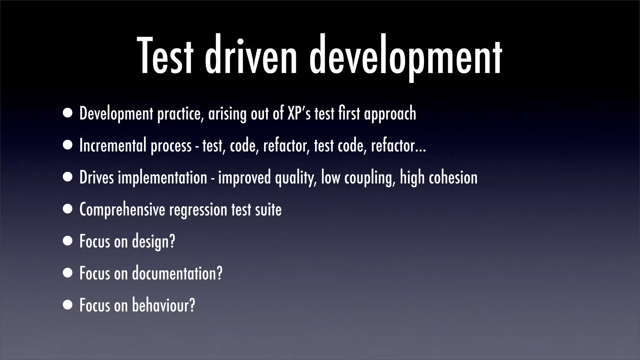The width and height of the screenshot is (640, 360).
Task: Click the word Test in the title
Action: point(165,56)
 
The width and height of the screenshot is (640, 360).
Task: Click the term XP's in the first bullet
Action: point(299,113)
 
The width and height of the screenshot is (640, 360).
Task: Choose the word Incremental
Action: point(113,145)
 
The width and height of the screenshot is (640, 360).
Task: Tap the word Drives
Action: point(97,177)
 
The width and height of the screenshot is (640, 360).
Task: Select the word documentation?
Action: point(177,273)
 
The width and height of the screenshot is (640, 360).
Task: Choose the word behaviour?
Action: point(163,305)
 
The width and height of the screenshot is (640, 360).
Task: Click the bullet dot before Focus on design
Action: point(67,241)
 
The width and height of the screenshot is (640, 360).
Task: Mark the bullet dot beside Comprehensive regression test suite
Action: point(67,209)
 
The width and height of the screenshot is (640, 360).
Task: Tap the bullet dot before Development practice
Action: point(67,113)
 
